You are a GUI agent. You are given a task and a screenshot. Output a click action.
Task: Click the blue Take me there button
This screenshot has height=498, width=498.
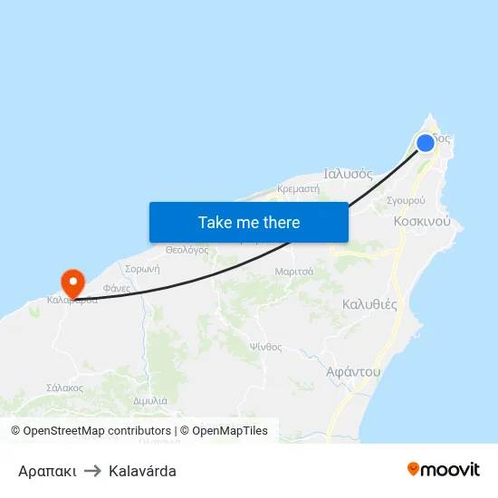(248, 222)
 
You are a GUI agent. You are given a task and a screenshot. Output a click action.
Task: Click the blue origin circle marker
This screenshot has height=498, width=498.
(426, 142)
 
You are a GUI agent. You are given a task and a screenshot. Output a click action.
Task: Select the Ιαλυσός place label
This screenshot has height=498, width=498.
(349, 173)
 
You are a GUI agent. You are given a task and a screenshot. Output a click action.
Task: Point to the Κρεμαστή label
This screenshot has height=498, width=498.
(299, 189)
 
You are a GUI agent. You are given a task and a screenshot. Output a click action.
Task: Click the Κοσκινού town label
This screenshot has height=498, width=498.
(422, 221)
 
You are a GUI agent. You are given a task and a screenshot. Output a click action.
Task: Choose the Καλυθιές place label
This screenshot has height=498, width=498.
(369, 304)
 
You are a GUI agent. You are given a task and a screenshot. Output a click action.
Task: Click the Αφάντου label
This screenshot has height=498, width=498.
(352, 371)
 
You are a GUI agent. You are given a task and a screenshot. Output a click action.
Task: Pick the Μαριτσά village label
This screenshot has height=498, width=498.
(293, 271)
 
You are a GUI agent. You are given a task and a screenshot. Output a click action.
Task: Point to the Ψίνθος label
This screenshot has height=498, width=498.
(266, 347)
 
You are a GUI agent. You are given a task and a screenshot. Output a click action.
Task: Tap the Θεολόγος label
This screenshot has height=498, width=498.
(187, 250)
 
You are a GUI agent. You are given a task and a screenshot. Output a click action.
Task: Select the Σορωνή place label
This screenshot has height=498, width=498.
(142, 269)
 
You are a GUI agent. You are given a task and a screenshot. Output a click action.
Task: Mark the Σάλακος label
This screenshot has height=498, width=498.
(64, 388)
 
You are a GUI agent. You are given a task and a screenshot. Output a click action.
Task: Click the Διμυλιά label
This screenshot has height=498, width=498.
(149, 400)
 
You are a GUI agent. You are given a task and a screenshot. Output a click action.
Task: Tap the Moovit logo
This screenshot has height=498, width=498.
(443, 470)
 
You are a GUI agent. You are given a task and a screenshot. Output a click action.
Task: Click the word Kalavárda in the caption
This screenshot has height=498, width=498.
(142, 471)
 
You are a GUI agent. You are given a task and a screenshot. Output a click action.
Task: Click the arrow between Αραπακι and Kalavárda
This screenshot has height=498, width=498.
(92, 471)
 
